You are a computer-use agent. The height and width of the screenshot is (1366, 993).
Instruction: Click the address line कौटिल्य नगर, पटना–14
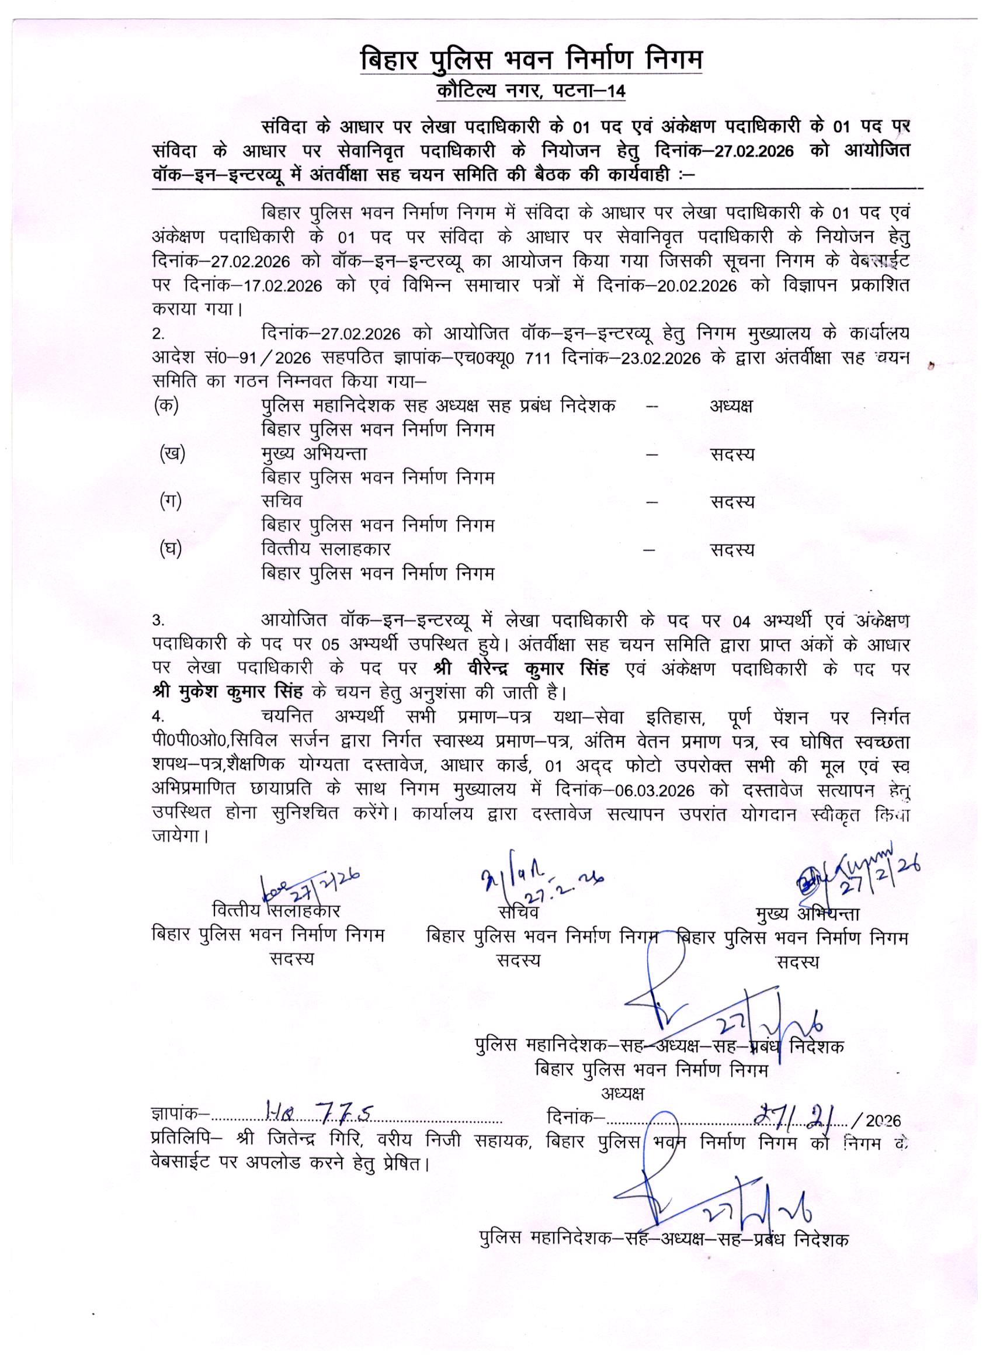530,92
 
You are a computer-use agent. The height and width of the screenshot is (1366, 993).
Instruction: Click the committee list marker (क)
167,405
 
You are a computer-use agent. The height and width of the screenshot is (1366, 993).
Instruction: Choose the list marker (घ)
171,549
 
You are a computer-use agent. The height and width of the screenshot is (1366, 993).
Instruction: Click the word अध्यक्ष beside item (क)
731,406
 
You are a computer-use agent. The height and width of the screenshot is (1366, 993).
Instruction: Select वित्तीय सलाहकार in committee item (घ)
326,549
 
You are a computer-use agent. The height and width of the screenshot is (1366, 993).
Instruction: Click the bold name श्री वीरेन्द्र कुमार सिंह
522,668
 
